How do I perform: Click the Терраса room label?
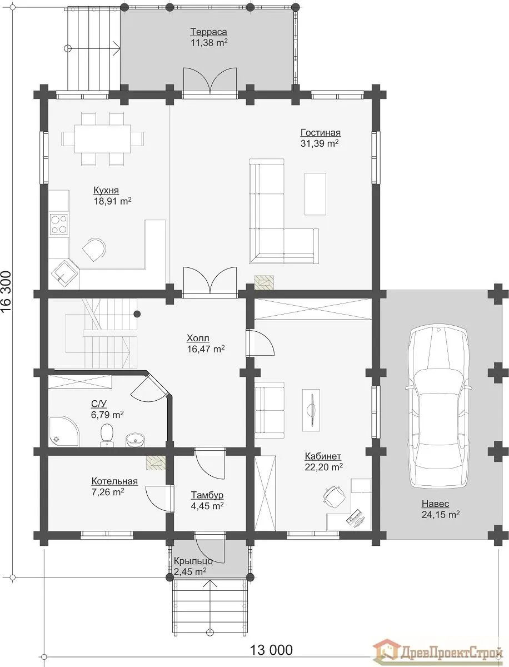point(208,32)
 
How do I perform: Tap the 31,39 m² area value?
point(320,143)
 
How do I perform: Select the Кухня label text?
point(106,191)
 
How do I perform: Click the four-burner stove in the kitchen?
point(59,224)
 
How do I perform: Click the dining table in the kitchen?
point(103,139)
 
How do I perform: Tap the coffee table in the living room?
point(316,193)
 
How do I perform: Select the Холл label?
point(198,338)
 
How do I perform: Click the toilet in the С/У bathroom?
point(107,435)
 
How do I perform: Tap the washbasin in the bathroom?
point(135,440)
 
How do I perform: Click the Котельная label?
point(114,481)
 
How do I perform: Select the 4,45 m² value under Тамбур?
point(207,506)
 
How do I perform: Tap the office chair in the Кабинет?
point(334,496)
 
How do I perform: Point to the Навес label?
point(435,504)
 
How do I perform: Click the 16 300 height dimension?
point(6,292)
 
